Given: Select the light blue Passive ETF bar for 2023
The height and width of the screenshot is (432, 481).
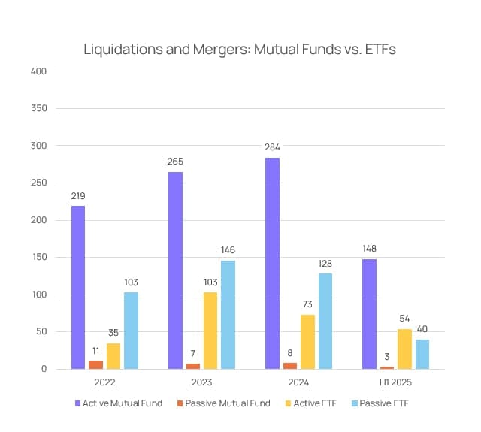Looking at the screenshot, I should [x=228, y=314].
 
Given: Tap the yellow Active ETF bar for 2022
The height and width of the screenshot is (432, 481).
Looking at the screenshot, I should [x=113, y=355].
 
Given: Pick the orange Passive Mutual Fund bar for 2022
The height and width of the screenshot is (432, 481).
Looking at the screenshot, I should [x=95, y=364].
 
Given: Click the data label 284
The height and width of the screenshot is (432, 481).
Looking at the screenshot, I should [x=272, y=147].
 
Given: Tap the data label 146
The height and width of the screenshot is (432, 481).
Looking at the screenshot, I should [x=228, y=250].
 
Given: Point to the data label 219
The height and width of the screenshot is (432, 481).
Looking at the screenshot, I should [x=78, y=196].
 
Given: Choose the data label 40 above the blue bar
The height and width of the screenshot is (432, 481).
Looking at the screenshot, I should [x=422, y=329].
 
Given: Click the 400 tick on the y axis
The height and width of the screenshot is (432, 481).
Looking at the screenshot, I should [x=39, y=71].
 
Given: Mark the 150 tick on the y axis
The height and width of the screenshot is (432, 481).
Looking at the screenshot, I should [x=39, y=257].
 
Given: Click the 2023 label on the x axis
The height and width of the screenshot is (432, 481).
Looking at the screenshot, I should [x=201, y=382].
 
